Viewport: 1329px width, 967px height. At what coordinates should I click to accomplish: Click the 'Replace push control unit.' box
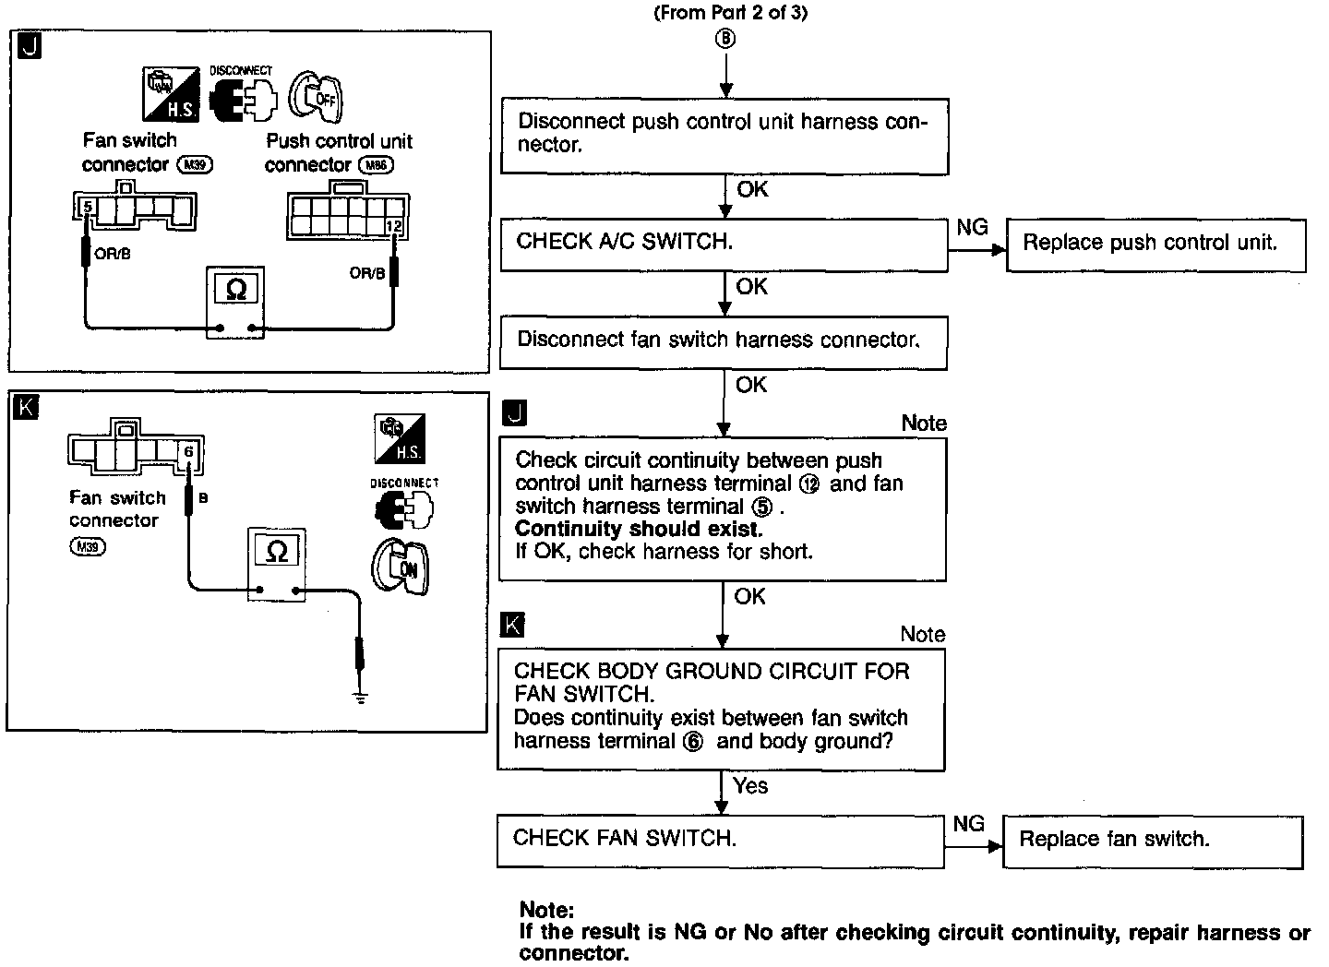[x=1155, y=245]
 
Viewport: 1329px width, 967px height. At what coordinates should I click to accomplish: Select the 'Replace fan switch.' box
[x=1152, y=842]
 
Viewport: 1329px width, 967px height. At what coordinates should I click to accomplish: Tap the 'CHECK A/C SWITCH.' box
[x=724, y=245]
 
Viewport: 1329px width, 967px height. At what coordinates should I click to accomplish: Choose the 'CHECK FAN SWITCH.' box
[x=720, y=841]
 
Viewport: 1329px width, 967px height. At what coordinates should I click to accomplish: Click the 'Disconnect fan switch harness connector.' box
[x=724, y=342]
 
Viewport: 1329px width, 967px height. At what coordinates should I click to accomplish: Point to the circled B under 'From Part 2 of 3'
[x=725, y=39]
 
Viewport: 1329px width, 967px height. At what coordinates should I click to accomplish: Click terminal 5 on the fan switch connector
[x=88, y=207]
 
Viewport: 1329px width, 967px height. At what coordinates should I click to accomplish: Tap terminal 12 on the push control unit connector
[x=394, y=226]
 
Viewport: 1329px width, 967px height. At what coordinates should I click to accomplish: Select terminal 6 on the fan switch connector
[x=188, y=452]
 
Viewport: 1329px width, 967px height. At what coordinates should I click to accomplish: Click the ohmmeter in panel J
[x=235, y=303]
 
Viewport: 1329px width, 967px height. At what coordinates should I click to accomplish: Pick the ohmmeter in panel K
[x=277, y=564]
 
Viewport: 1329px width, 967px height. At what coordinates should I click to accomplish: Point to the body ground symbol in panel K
[x=360, y=697]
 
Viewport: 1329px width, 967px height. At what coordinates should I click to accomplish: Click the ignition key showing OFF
[x=316, y=97]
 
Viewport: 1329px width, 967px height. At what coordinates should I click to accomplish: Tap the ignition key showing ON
[x=401, y=567]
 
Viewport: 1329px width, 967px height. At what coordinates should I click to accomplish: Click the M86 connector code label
[x=377, y=165]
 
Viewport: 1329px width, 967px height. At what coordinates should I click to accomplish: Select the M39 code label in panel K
[x=88, y=546]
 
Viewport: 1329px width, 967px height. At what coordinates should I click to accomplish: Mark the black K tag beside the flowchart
[x=512, y=625]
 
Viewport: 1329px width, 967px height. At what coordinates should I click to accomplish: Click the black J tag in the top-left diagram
[x=30, y=46]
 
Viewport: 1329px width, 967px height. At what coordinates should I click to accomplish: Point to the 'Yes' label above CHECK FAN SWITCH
[x=750, y=785]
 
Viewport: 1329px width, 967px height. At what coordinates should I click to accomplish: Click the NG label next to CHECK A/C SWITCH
[x=973, y=227]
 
